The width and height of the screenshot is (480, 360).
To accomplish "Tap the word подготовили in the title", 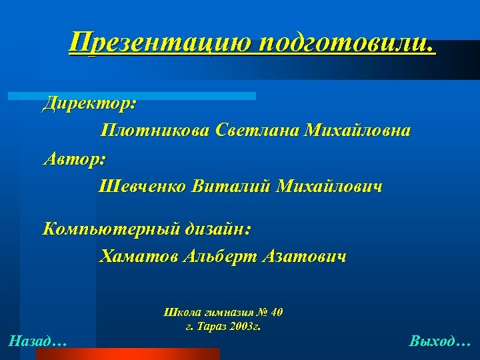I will [x=346, y=44].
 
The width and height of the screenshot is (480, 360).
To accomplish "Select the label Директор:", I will [x=89, y=103].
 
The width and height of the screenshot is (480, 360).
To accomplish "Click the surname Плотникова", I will [x=155, y=131].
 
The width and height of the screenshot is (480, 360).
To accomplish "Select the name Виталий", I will [x=231, y=187].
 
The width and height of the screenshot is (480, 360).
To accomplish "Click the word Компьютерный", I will [x=111, y=230].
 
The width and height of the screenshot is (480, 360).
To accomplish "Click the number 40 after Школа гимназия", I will [x=277, y=312].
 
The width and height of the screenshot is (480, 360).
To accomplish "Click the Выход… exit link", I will [x=440, y=342].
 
